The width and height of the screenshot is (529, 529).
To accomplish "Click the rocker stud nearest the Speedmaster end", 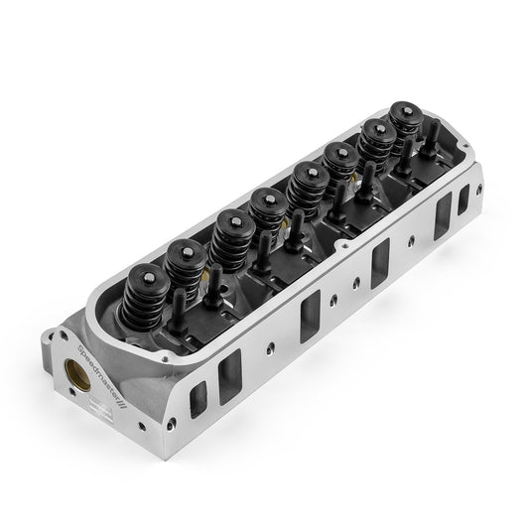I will (178, 302).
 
